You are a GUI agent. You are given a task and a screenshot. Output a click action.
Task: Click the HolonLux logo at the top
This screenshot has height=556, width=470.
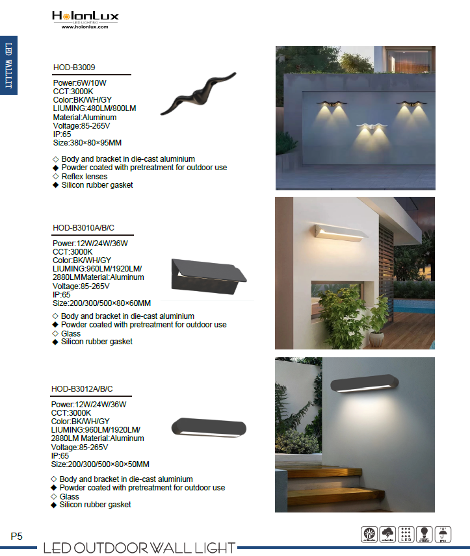tap(85, 16)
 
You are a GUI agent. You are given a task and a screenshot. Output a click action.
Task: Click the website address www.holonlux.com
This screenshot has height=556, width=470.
tap(85, 27)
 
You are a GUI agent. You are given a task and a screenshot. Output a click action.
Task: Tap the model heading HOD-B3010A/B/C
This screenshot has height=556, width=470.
tap(83, 227)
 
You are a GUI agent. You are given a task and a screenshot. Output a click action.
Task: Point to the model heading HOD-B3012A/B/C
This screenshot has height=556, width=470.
tap(82, 389)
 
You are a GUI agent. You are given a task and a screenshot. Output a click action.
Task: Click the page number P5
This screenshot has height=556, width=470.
tap(16, 537)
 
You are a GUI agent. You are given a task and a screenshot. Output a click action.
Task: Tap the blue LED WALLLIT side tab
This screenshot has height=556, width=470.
tap(8, 65)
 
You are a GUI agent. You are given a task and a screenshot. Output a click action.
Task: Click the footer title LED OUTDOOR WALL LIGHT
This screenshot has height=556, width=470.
tap(139, 548)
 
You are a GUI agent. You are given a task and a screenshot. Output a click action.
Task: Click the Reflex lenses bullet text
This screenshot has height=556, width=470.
tap(85, 176)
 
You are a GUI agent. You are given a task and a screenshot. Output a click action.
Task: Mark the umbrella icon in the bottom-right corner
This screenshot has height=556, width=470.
tap(445, 534)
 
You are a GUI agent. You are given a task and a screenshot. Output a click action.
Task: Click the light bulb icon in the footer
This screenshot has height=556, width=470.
tap(425, 534)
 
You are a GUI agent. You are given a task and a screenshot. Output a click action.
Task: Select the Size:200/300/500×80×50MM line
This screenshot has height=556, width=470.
tap(100, 464)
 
